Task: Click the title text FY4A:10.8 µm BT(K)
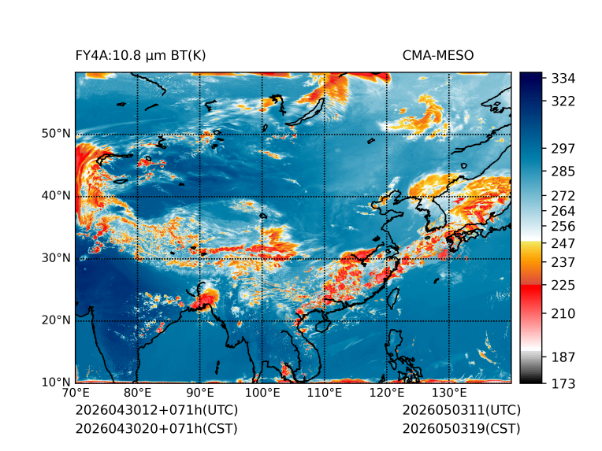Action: (x=140, y=56)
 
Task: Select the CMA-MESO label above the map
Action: (x=438, y=56)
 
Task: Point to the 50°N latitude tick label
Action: (x=56, y=134)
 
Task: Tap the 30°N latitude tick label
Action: (x=56, y=257)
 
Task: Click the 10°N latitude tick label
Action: (x=56, y=382)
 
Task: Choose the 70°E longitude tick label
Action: (x=76, y=393)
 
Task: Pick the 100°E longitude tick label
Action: (x=262, y=393)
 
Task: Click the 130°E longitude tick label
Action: (x=449, y=393)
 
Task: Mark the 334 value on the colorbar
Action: (x=563, y=79)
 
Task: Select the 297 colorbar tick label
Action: (x=563, y=149)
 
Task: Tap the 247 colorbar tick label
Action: (x=563, y=243)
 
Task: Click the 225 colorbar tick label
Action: (x=563, y=286)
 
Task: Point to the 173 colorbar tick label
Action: (x=563, y=383)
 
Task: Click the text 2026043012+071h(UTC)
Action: (x=157, y=410)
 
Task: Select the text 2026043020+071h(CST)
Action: (x=156, y=429)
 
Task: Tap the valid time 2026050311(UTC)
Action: (x=462, y=410)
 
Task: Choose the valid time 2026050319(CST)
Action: (x=461, y=429)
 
